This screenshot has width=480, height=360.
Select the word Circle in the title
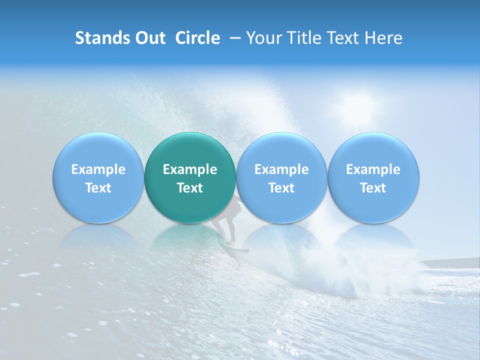(x=197, y=38)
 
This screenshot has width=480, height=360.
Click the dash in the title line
(x=233, y=38)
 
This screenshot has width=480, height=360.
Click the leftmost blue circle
(x=98, y=177)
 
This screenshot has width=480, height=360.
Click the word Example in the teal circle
(x=190, y=169)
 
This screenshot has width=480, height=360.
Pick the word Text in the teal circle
(x=190, y=188)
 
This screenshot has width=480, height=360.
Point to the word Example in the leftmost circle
(x=98, y=169)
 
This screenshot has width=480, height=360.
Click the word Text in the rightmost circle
(x=373, y=188)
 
